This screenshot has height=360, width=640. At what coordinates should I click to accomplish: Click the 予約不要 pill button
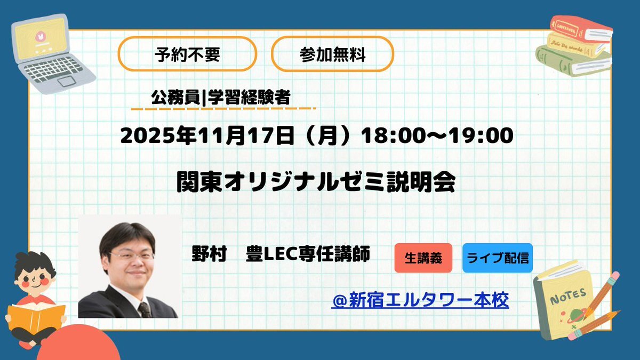tap(187, 54)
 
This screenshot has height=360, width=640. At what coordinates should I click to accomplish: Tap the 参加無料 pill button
tap(333, 54)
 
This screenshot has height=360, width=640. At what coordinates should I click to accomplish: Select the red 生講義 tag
tap(423, 258)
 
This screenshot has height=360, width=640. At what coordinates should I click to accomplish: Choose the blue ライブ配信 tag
tap(498, 258)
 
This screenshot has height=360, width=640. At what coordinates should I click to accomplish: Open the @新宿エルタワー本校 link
tap(420, 300)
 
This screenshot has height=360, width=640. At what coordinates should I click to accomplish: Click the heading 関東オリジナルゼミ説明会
tap(316, 182)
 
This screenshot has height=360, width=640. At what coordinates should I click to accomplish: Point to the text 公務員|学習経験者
tap(221, 98)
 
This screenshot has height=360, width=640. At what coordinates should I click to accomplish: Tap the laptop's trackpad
tap(67, 81)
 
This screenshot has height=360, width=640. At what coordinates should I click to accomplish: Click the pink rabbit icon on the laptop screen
tap(39, 36)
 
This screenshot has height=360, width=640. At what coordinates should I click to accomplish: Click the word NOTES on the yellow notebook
tap(568, 296)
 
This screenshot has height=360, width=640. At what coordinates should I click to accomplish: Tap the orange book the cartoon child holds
tap(36, 319)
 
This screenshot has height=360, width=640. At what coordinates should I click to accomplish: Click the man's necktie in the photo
tap(145, 310)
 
